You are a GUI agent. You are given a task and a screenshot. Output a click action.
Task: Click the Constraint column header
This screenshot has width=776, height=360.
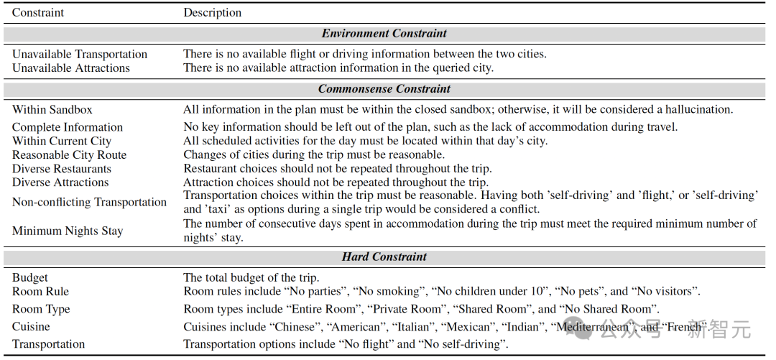coord(38,13)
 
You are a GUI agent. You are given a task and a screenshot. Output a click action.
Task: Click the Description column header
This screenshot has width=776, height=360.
coord(213,13)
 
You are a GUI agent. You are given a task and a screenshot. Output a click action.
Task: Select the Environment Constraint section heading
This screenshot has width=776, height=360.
coord(384,34)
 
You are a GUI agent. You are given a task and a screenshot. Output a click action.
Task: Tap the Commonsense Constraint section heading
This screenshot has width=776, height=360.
coord(384,90)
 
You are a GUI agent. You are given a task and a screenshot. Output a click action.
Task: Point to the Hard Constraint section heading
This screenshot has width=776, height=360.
coord(384,257)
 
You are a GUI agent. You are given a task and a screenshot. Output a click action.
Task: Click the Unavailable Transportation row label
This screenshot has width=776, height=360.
coord(80,55)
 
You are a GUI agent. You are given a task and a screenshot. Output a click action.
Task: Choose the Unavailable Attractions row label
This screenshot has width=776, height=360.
coord(71,68)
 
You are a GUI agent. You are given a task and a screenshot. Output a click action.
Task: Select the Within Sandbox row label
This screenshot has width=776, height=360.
coord(52,110)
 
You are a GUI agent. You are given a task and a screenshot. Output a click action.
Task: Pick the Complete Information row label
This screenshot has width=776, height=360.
coord(68,128)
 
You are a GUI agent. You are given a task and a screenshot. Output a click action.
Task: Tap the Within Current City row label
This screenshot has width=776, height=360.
coord(62,142)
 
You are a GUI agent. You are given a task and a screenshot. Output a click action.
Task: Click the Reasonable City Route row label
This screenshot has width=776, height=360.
coord(69,155)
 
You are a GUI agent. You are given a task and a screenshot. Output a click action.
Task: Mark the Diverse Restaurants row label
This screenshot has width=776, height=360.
coord(62,170)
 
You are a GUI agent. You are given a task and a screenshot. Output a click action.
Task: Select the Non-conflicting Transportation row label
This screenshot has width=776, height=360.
coord(89,203)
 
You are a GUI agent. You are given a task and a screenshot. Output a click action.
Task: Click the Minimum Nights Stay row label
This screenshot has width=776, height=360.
coord(68,231)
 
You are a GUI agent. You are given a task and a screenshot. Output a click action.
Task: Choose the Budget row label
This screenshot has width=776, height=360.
coord(30,278)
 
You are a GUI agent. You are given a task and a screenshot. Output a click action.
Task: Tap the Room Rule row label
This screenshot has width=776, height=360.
coord(40,292)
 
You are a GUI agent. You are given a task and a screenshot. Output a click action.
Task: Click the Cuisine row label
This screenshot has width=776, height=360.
coord(31,327)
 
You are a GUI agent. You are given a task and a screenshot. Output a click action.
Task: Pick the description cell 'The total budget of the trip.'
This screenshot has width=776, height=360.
coord(251,278)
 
